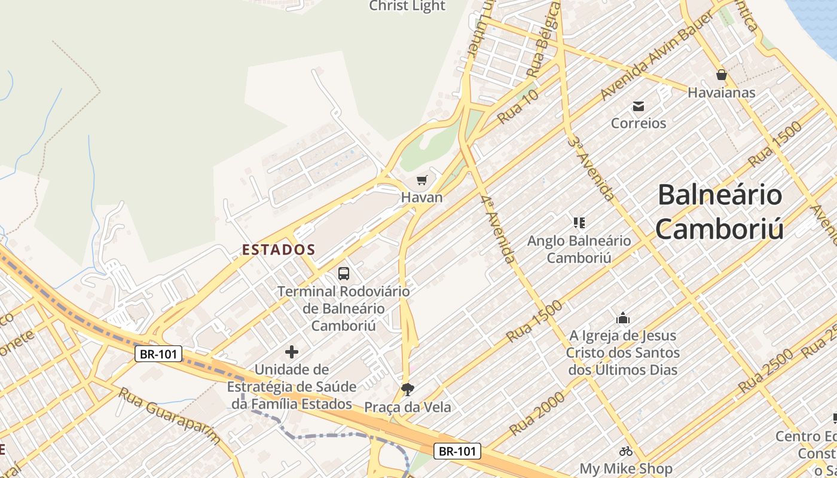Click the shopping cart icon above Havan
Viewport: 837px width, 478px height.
pyautogui.click(x=422, y=180)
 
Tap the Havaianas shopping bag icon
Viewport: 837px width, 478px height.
pyautogui.click(x=721, y=75)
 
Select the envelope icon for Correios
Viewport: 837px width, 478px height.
pyautogui.click(x=639, y=106)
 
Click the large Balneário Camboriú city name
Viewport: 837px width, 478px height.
pyautogui.click(x=719, y=212)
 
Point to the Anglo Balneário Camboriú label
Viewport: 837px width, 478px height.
pyautogui.click(x=579, y=249)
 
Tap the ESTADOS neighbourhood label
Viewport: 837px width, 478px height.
pyautogui.click(x=279, y=250)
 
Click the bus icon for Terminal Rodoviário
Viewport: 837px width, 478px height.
pyautogui.click(x=344, y=274)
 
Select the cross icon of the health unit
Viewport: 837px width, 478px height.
pyautogui.click(x=292, y=352)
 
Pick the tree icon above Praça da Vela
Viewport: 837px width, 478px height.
pyautogui.click(x=408, y=390)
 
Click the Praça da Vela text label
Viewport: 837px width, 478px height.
pyautogui.click(x=408, y=407)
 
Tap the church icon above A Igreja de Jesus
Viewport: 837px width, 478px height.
pyautogui.click(x=623, y=318)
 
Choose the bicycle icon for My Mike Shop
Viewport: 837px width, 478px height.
pyautogui.click(x=626, y=451)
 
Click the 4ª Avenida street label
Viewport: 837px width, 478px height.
pyautogui.click(x=497, y=229)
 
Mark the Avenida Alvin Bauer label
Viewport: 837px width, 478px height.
pyautogui.click(x=658, y=55)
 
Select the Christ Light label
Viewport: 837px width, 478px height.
pyautogui.click(x=407, y=6)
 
